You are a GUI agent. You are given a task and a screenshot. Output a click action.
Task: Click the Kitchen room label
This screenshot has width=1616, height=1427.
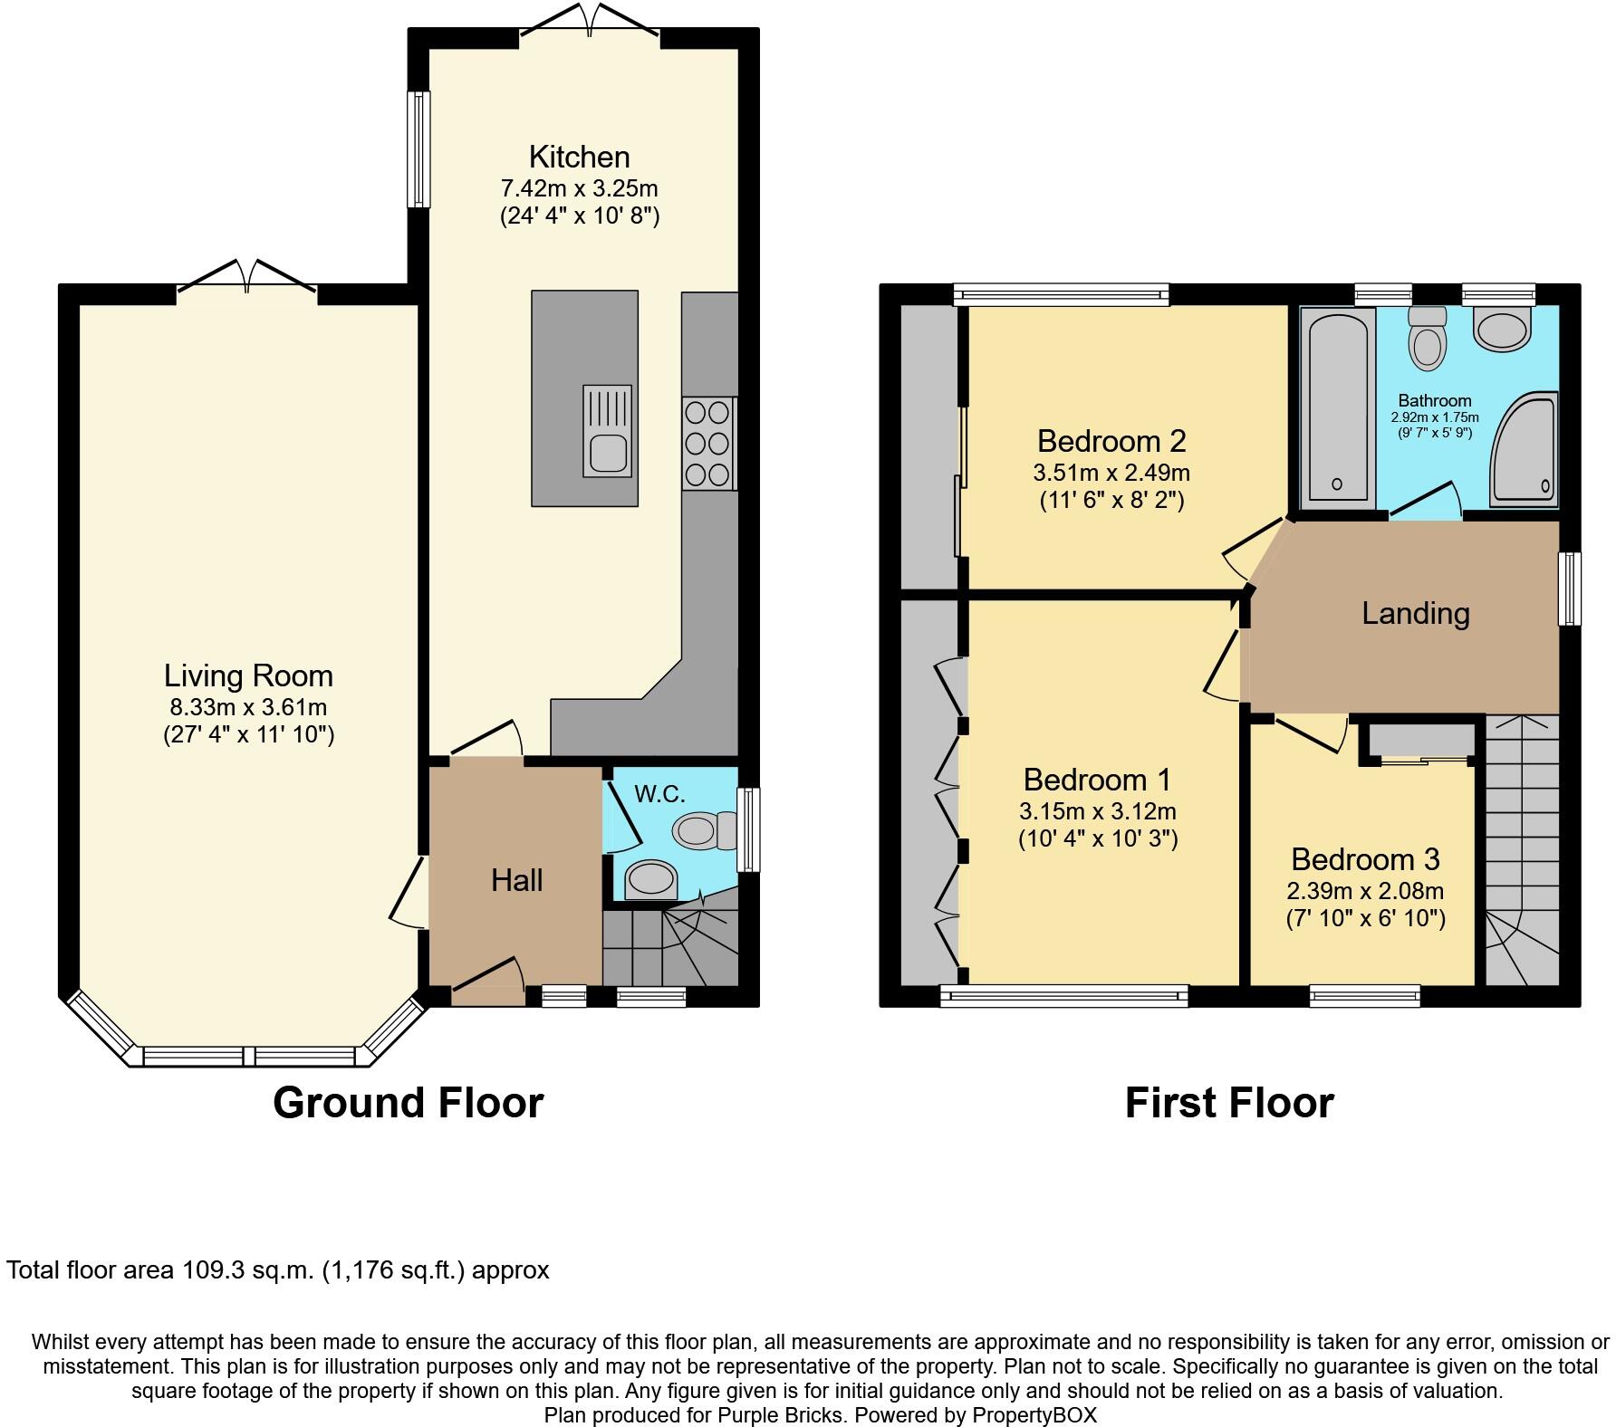click(579, 157)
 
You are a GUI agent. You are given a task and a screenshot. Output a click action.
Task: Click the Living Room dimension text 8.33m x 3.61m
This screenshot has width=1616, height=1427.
click(248, 707)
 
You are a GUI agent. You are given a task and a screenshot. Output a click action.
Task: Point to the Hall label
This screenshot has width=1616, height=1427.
click(516, 880)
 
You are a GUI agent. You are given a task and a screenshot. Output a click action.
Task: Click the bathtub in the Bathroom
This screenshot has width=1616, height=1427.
click(1338, 407)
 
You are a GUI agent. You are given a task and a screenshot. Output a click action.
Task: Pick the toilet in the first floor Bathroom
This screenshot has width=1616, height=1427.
click(1428, 340)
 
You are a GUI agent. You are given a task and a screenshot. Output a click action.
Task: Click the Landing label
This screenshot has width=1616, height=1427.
click(1415, 614)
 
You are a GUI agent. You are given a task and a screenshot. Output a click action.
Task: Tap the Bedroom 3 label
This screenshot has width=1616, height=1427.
click(1364, 858)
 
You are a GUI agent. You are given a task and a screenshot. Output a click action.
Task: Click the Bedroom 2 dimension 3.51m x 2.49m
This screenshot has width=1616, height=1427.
click(1111, 473)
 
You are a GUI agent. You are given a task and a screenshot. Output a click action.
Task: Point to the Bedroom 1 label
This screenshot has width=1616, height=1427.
click(1097, 780)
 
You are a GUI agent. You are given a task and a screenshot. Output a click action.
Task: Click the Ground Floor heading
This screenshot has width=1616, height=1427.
click(408, 1103)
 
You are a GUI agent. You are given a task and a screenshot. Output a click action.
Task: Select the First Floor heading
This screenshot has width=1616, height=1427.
click(1228, 1103)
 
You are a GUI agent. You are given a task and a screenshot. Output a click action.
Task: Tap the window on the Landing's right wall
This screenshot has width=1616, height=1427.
click(1569, 589)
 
